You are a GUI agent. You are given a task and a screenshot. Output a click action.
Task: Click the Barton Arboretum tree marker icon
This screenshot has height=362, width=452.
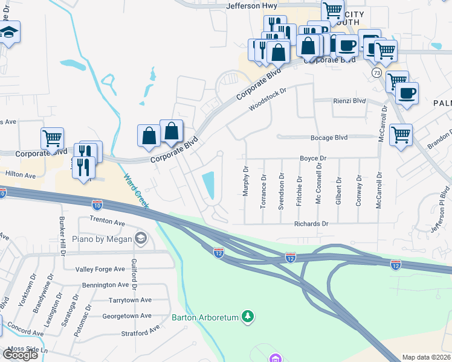pyautogui.click(x=247, y=316)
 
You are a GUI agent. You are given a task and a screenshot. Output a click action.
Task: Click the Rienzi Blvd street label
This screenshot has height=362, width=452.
pyautogui.click(x=350, y=101)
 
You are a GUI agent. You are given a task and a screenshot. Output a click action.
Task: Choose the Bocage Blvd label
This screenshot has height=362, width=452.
pyautogui.click(x=329, y=138)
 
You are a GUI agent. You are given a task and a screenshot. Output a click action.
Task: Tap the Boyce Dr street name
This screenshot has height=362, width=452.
pyautogui.click(x=313, y=158)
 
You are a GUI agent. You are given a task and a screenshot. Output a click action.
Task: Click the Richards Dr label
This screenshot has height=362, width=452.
pyautogui.click(x=311, y=224)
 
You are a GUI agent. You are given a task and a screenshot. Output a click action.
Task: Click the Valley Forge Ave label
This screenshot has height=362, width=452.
pyautogui.click(x=102, y=269)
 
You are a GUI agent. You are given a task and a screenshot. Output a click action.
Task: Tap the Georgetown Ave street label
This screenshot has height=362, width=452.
pyautogui.click(x=127, y=316)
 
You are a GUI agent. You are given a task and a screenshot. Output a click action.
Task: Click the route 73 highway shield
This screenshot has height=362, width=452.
pyautogui.click(x=376, y=72)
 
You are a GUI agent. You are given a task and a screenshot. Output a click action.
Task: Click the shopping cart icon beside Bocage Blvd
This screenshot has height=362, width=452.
pyautogui.click(x=401, y=135)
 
